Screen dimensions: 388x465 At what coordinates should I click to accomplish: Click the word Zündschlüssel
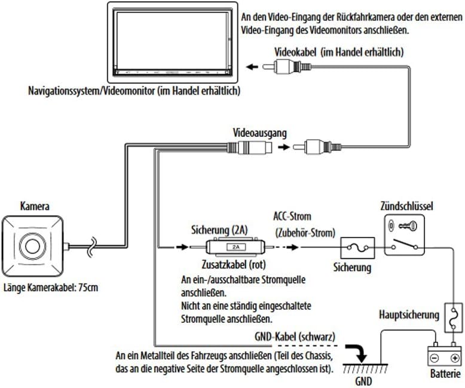point(406,206)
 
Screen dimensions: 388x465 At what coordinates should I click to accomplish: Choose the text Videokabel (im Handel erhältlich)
point(339,53)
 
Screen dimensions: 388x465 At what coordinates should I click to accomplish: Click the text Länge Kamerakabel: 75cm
point(50,287)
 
